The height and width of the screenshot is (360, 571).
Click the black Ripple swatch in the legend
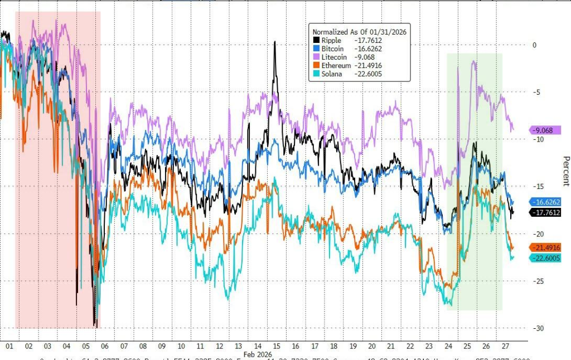tap(316, 40)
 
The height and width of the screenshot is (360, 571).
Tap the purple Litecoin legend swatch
tap(316, 57)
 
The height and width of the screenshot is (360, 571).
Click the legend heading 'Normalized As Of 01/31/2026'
tap(359, 32)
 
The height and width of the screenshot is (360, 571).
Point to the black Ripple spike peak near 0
tap(275, 42)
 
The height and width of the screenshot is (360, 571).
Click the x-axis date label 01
tap(9, 346)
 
